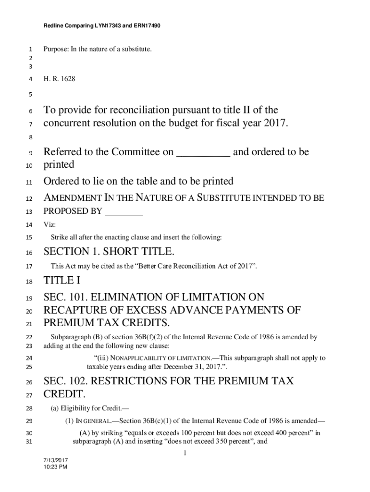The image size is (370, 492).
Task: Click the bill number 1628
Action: pos(68,78)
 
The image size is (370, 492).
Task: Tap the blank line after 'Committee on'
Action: pos(204,153)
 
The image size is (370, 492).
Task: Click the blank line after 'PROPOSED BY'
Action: pos(123,211)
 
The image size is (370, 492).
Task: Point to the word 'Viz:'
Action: pos(49,224)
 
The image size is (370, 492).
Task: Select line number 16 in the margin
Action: pos(29,253)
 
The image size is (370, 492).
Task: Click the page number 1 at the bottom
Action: pos(185,454)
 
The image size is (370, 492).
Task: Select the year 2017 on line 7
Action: pos(274,123)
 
